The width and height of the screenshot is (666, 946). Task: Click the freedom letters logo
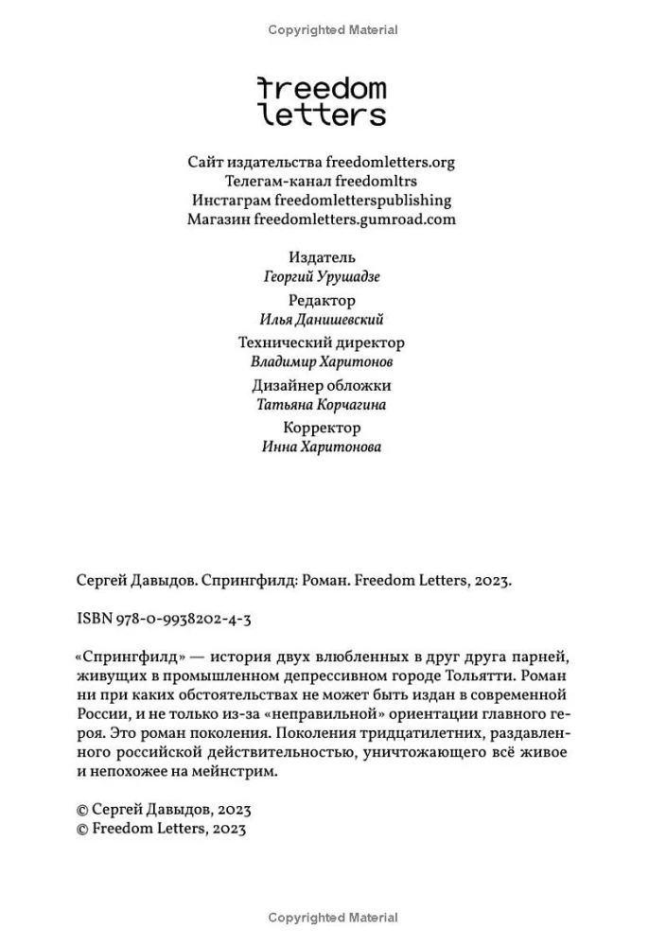point(322,101)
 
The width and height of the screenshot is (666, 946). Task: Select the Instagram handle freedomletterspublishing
point(362,200)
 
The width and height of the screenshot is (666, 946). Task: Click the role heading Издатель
point(322,256)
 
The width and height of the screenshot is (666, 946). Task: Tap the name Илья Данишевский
point(322,320)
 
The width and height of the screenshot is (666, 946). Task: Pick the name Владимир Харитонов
point(322,361)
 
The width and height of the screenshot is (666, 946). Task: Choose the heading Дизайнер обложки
point(322,385)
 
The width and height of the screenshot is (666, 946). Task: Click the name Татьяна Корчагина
point(322,405)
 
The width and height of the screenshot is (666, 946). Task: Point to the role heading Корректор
point(322,428)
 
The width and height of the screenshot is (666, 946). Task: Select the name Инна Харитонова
point(322,447)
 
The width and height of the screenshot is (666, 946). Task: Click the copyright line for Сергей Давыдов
point(162,810)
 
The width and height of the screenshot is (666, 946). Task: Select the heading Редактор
point(322,300)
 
